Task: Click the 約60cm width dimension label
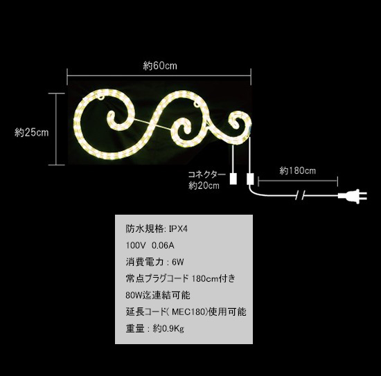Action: [x=160, y=66]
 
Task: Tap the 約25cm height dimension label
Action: [x=32, y=133]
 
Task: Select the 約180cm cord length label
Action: [x=297, y=171]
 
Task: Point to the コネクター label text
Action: [x=207, y=174]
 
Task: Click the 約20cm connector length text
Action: [x=204, y=186]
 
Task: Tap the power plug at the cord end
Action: [x=353, y=196]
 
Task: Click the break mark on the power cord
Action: [x=300, y=195]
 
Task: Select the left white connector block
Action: [x=233, y=179]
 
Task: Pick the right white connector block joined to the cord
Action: [x=250, y=179]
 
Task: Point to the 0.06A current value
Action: [x=163, y=246]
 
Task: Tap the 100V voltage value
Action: [x=136, y=246]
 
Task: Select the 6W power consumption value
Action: [x=177, y=262]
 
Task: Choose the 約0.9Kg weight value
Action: [x=168, y=329]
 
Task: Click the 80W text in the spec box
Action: [x=134, y=296]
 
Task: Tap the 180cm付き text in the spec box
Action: [x=213, y=278]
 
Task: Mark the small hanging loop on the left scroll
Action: [x=101, y=98]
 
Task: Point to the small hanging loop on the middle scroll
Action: [x=196, y=105]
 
